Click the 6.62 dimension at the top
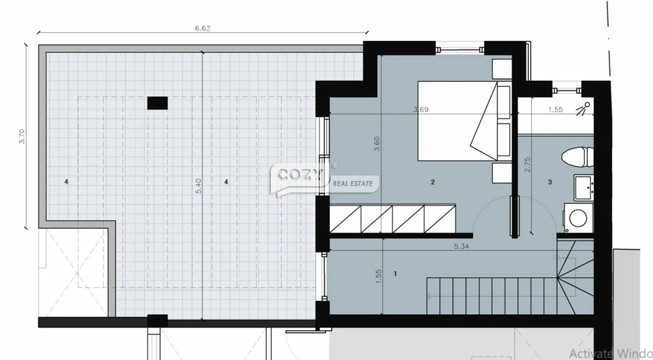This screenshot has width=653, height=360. [202, 28]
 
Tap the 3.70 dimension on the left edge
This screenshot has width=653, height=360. [22, 136]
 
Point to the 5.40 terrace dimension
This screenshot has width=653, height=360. [198, 186]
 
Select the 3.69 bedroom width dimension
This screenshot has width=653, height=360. [421, 110]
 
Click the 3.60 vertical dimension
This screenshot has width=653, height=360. [377, 144]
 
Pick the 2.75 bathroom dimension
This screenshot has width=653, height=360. [527, 165]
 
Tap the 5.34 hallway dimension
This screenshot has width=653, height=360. [461, 246]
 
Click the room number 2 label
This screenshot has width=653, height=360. [433, 182]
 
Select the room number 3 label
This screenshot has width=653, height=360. [550, 182]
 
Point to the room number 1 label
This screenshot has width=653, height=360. [395, 274]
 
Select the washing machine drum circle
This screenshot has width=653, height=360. [578, 218]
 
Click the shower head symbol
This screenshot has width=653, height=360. [583, 109]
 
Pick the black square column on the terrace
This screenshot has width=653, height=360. [158, 103]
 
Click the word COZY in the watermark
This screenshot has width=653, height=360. [300, 175]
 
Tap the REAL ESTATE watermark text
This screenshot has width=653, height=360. [353, 184]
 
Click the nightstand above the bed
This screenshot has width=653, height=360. [502, 69]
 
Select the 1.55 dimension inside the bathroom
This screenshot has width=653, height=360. [555, 110]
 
